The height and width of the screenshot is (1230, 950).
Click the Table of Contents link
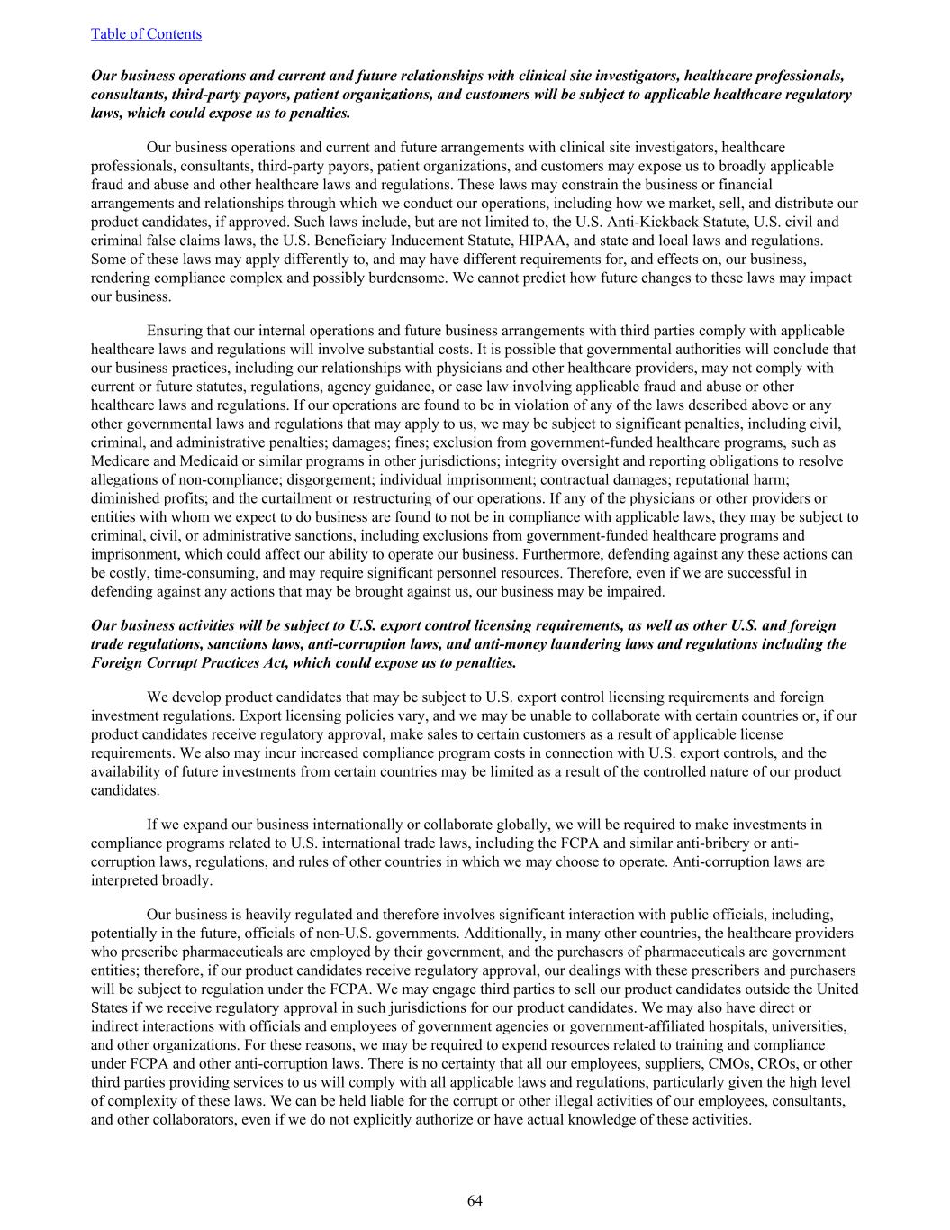point(146,34)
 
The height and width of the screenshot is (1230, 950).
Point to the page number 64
point(475,1200)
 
